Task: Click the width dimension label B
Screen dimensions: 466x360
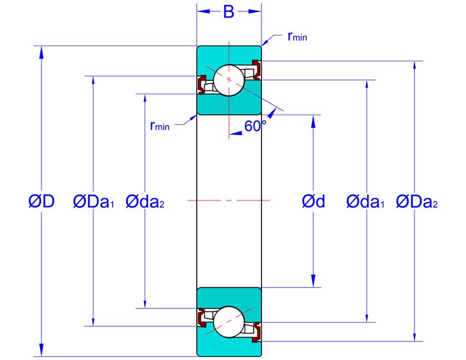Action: (x=229, y=12)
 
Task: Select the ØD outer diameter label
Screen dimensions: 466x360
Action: (x=41, y=201)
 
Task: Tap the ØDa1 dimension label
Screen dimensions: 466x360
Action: (x=94, y=202)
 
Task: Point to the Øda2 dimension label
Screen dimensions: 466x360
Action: (x=145, y=202)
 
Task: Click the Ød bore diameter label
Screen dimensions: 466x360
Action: (x=313, y=201)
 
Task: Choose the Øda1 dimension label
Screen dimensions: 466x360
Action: (x=365, y=202)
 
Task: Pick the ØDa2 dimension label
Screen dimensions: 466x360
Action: (x=417, y=202)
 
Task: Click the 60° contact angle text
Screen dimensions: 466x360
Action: (x=255, y=126)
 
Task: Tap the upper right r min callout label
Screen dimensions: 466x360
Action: (x=297, y=36)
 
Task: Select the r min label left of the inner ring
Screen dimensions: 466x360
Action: (x=160, y=126)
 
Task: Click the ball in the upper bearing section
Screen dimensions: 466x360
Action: (x=229, y=80)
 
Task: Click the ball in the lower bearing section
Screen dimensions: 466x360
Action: (x=229, y=322)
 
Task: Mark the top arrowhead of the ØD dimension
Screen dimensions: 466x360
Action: (x=41, y=52)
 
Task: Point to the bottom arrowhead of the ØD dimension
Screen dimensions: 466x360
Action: (x=41, y=350)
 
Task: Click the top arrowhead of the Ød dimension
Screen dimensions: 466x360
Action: (x=313, y=121)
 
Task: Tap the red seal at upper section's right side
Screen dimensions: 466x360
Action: (x=257, y=70)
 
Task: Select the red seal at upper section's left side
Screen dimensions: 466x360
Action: (x=201, y=85)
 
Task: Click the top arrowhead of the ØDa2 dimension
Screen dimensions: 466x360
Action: (x=414, y=67)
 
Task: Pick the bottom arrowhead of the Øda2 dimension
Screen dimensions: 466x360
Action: (x=145, y=302)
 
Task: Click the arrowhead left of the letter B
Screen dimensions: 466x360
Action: (x=203, y=11)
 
